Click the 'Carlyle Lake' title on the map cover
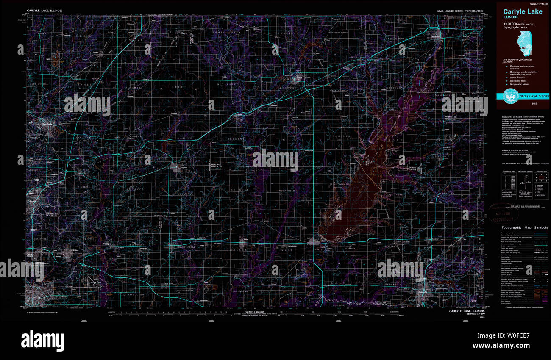click(x=522, y=11)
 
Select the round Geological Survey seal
click(x=510, y=97)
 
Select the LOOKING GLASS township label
click(x=185, y=291)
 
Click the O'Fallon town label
click(x=75, y=250)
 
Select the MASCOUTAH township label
click(x=136, y=294)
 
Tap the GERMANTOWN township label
click(x=237, y=291)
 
